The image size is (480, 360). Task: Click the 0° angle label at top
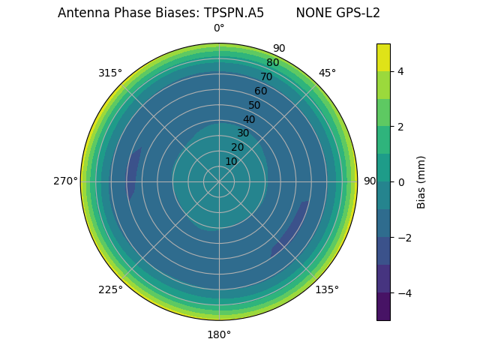point(219,28)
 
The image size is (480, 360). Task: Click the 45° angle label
point(327,73)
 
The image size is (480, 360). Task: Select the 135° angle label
point(327,289)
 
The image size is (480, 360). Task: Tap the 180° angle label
point(219,334)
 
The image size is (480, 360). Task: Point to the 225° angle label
point(110,289)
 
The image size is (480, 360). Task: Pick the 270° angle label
point(65,181)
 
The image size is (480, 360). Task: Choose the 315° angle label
point(110,73)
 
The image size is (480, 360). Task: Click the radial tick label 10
point(231,161)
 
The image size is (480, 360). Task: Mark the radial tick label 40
point(249,119)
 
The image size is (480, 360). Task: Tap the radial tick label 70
point(266,76)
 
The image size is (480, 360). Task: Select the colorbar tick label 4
point(401,71)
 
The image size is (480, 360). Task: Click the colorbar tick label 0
point(401,181)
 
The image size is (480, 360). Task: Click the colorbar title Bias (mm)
point(421,181)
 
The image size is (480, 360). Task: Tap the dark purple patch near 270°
point(133,172)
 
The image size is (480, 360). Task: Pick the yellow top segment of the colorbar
point(383,57)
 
